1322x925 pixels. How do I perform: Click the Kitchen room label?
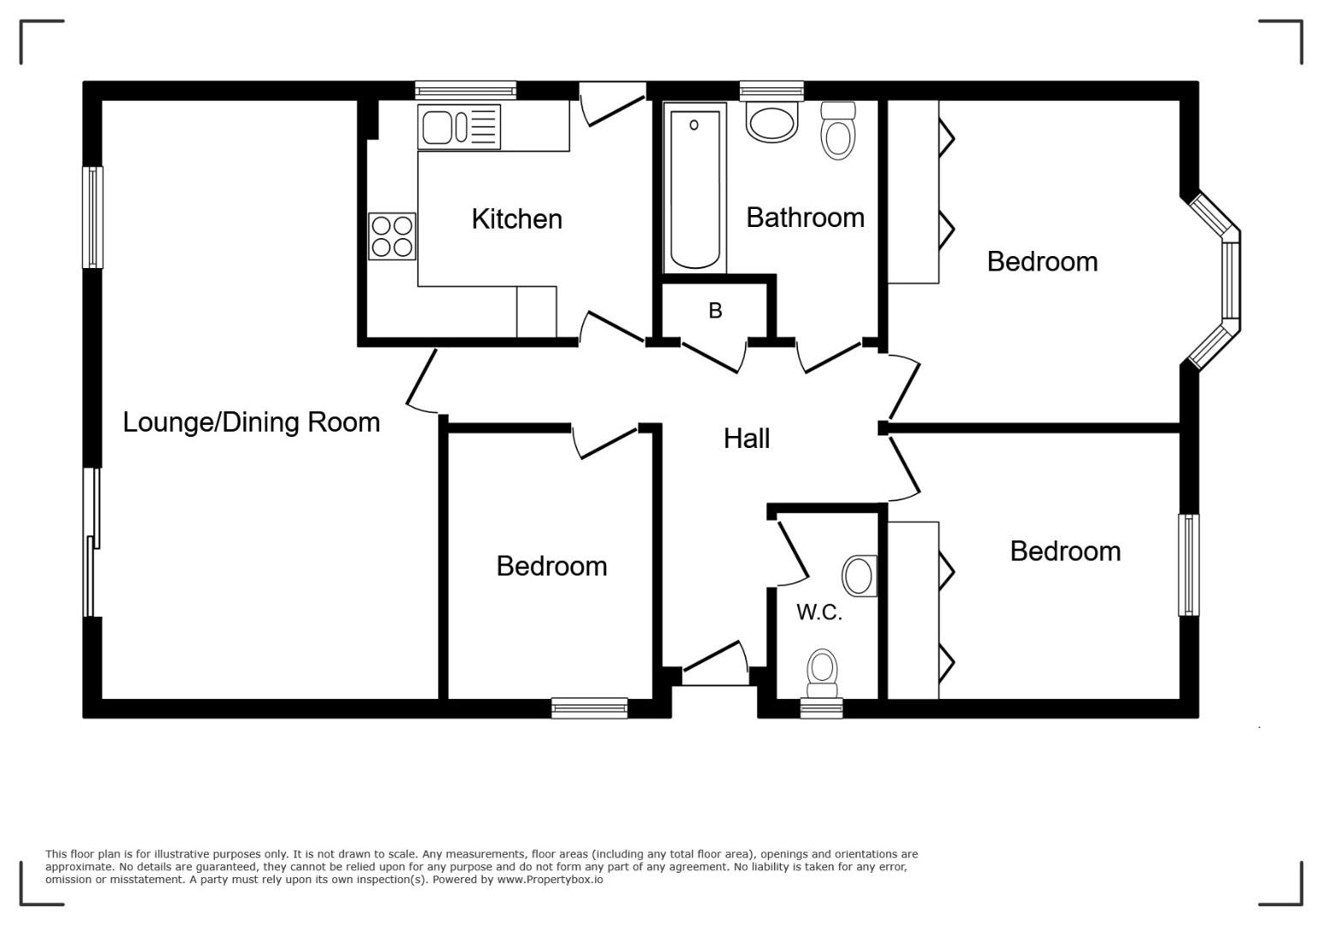point(516,219)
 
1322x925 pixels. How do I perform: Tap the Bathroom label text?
point(805,218)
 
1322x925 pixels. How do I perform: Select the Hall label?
point(747,439)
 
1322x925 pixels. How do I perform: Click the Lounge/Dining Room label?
point(252,422)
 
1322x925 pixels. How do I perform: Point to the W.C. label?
point(819,612)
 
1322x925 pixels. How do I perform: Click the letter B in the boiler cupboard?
point(715,311)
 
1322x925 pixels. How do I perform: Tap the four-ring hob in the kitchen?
point(392,236)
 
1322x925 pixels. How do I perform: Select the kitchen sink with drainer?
point(459,127)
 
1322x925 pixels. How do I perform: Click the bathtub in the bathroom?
point(694,188)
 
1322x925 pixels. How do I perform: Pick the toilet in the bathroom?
point(838,130)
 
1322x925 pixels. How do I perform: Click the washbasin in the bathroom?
point(772,122)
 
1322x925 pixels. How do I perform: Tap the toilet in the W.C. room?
point(822,674)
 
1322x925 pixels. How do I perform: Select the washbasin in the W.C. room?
point(860,576)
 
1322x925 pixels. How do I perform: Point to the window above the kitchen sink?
point(466,90)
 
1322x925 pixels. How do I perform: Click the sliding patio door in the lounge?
point(92,542)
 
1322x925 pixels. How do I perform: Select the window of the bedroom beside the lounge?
point(589,708)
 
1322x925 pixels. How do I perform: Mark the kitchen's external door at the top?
point(612,104)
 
